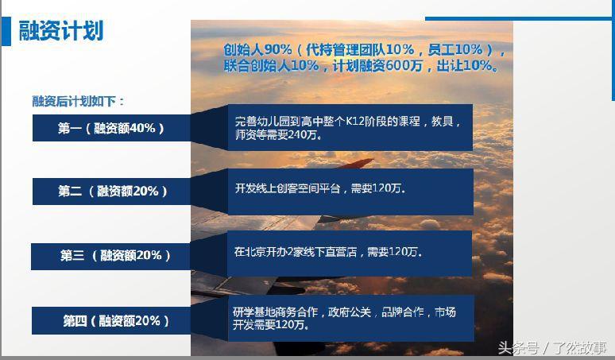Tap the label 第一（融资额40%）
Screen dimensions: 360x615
coord(111,128)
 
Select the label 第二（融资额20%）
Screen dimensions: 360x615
coord(112,192)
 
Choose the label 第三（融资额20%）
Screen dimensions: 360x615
coord(114,256)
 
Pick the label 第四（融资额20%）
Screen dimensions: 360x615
coord(115,321)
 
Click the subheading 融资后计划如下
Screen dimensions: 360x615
coord(78,102)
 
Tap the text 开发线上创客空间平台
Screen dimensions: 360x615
coord(288,189)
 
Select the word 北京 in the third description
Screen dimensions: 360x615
coord(256,252)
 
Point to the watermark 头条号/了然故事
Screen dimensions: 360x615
coord(551,348)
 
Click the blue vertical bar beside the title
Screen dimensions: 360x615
coord(6,32)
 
